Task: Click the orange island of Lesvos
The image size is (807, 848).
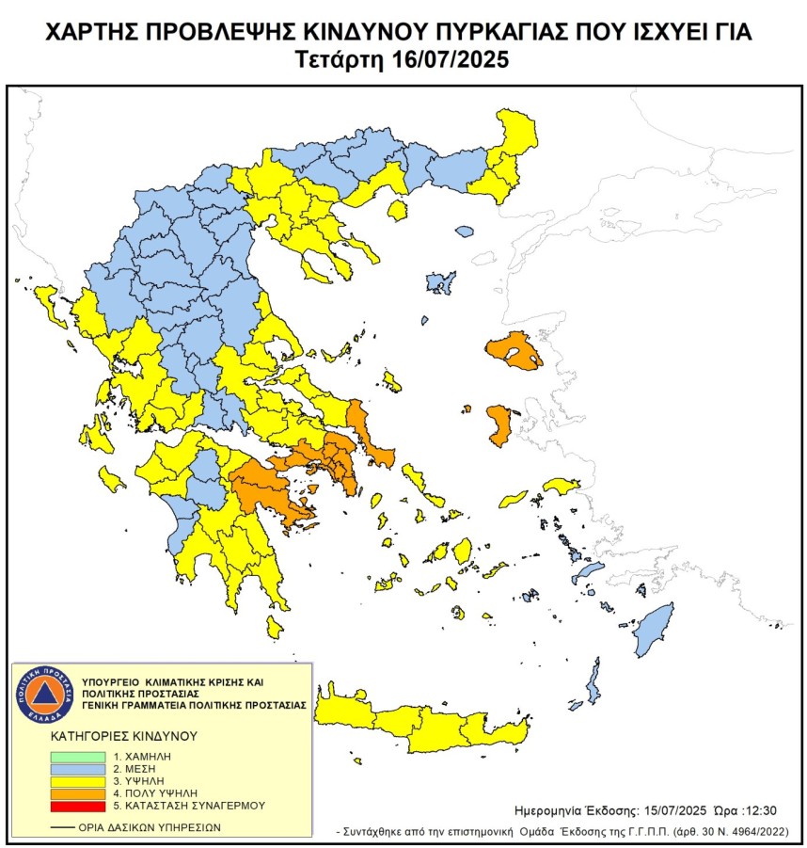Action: pos(514,352)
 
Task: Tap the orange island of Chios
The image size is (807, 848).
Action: pos(499,425)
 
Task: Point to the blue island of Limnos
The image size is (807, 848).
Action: pos(438,281)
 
